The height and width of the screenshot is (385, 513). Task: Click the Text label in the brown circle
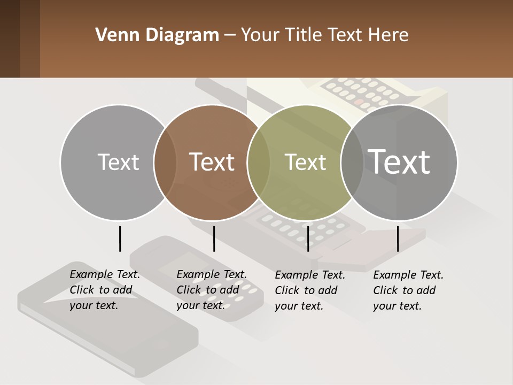pyautogui.click(x=212, y=162)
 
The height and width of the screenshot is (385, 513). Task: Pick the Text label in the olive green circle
pyautogui.click(x=305, y=163)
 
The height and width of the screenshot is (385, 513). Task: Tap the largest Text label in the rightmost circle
pyautogui.click(x=399, y=161)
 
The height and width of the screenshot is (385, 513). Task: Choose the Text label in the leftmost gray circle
pyautogui.click(x=118, y=162)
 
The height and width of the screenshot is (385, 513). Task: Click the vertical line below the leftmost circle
pyautogui.click(x=120, y=238)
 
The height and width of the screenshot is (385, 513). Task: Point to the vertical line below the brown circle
pyautogui.click(x=214, y=238)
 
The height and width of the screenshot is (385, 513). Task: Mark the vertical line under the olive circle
pyautogui.click(x=308, y=238)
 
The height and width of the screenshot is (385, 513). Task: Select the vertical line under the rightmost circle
pyautogui.click(x=398, y=238)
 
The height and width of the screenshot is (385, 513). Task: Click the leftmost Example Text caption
pyautogui.click(x=104, y=290)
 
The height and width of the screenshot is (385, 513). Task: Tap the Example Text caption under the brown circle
pyautogui.click(x=211, y=290)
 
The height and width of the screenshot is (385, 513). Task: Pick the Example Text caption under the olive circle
pyautogui.click(x=309, y=290)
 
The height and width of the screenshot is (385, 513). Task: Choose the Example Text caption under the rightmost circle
pyautogui.click(x=408, y=290)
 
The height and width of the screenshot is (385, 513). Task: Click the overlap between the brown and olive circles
pyautogui.click(x=259, y=163)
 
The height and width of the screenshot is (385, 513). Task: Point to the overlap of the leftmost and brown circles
pyautogui.click(x=165, y=163)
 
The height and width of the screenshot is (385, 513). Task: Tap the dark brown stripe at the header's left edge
pyautogui.click(x=10, y=38)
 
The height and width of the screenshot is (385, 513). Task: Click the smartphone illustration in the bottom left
pyautogui.click(x=107, y=321)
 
